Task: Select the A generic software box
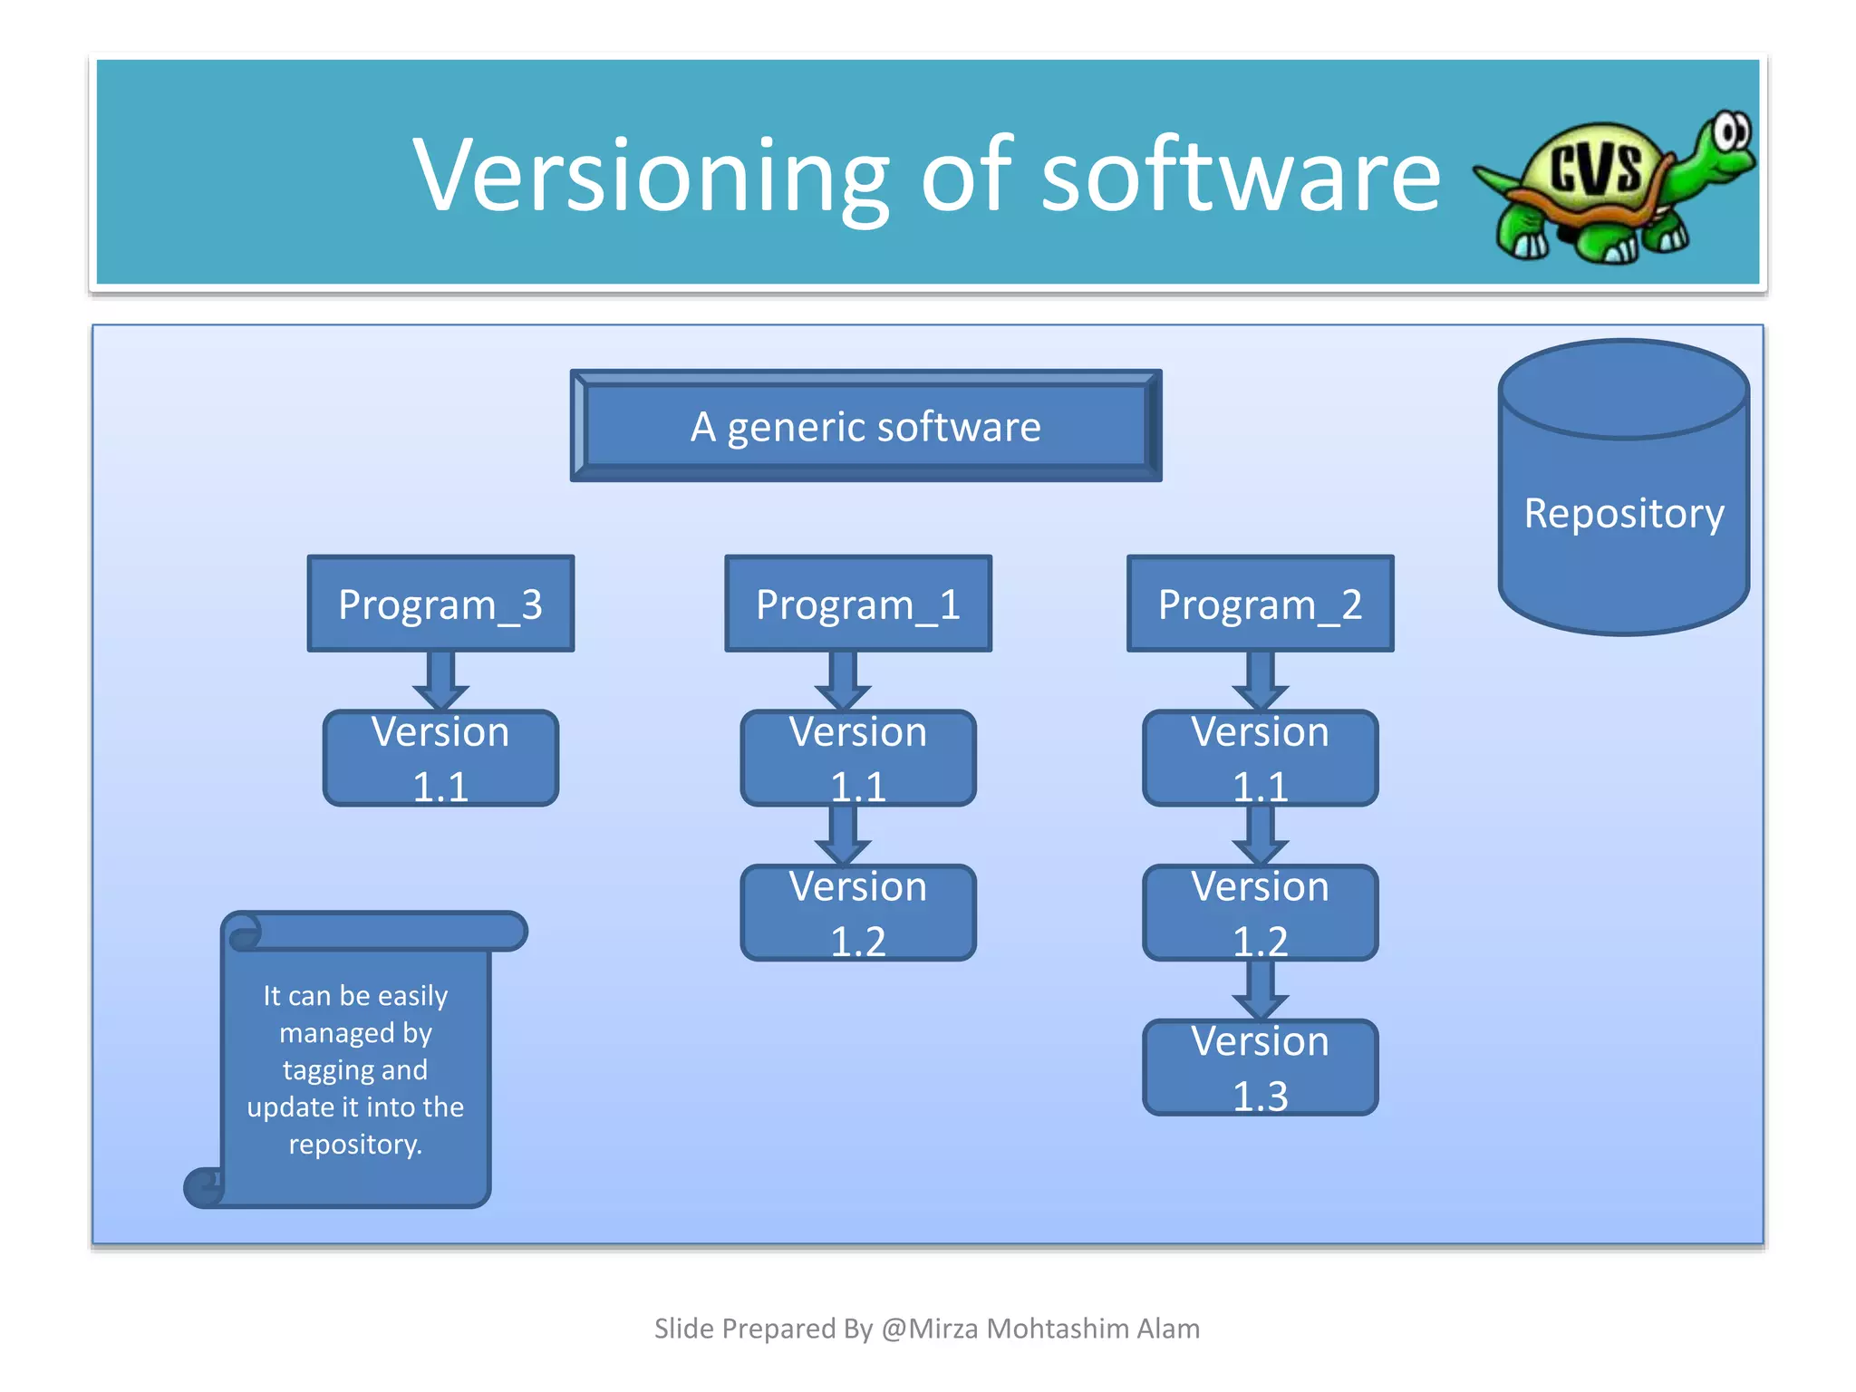[x=865, y=426]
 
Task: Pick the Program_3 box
[x=440, y=604]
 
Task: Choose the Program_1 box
[x=857, y=604]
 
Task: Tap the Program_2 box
[x=1260, y=604]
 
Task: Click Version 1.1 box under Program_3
[x=440, y=759]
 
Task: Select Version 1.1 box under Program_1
[x=857, y=759]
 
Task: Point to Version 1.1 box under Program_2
[x=1260, y=759]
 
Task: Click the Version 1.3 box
[x=1260, y=1068]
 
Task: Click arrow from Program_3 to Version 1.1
[x=440, y=681]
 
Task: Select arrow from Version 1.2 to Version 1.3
[x=1260, y=990]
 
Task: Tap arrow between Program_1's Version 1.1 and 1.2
[x=843, y=835]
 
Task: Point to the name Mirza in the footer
[x=944, y=1329]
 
